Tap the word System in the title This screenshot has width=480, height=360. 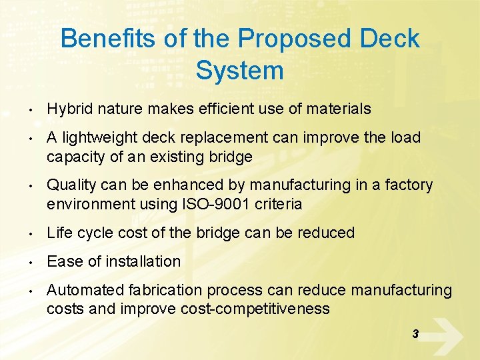[240, 70]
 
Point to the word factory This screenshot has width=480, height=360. [408, 185]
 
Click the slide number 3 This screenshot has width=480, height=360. [415, 334]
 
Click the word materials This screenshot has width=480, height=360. [339, 109]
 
